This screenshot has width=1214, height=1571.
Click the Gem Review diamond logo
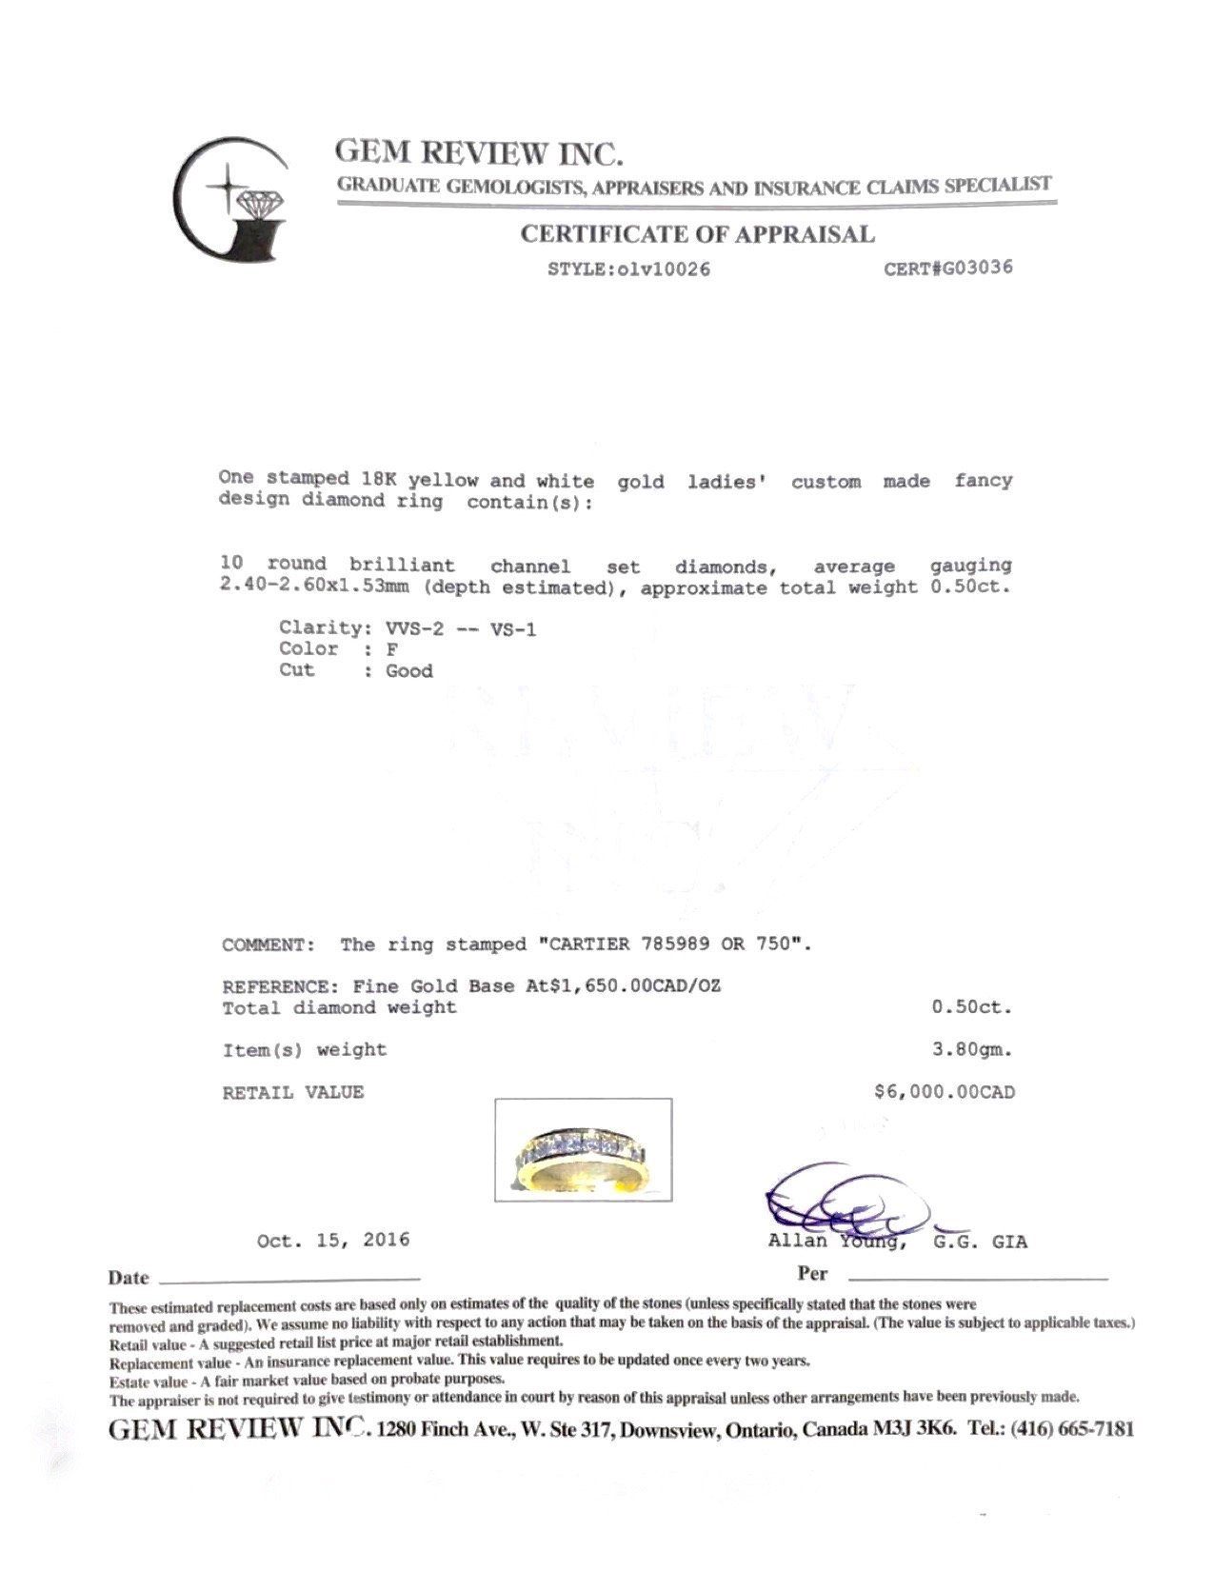pyautogui.click(x=231, y=202)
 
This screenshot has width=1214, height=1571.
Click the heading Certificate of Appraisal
pyautogui.click(x=697, y=234)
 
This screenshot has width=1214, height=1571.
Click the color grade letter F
pyautogui.click(x=391, y=649)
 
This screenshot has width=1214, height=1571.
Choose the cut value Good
pyautogui.click(x=408, y=671)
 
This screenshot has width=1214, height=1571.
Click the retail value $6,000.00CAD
pyautogui.click(x=944, y=1092)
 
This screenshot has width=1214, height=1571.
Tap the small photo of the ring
pyautogui.click(x=583, y=1149)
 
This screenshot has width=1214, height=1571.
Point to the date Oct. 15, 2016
pyautogui.click(x=333, y=1241)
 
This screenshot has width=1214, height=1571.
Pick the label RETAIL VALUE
pyautogui.click(x=293, y=1093)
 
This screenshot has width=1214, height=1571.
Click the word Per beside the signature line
pyautogui.click(x=812, y=1274)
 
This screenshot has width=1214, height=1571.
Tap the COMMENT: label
pyautogui.click(x=268, y=945)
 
